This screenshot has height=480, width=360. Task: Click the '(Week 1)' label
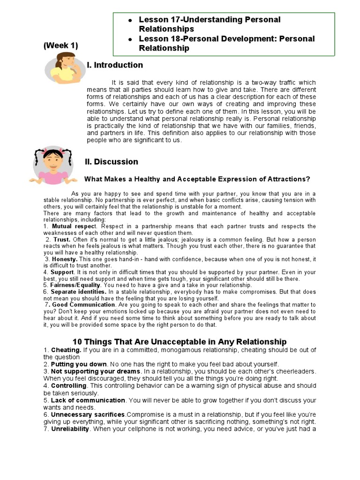[61, 45]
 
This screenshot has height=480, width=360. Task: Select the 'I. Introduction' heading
[115, 65]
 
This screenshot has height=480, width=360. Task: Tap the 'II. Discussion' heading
[112, 162]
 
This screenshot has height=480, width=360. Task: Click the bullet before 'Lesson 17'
[129, 20]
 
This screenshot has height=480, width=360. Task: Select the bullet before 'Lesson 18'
[129, 39]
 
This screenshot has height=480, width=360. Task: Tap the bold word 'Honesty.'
[65, 259]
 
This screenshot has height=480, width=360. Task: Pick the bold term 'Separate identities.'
[79, 292]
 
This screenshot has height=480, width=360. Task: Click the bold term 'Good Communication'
[77, 305]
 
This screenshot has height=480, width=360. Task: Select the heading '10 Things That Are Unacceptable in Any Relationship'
[180, 342]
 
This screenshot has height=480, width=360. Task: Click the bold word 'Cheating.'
[66, 350]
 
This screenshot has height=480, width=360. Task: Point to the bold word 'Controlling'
[68, 386]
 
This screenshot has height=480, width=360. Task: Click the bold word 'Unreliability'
[70, 429]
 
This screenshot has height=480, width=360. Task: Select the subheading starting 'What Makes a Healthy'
[197, 179]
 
